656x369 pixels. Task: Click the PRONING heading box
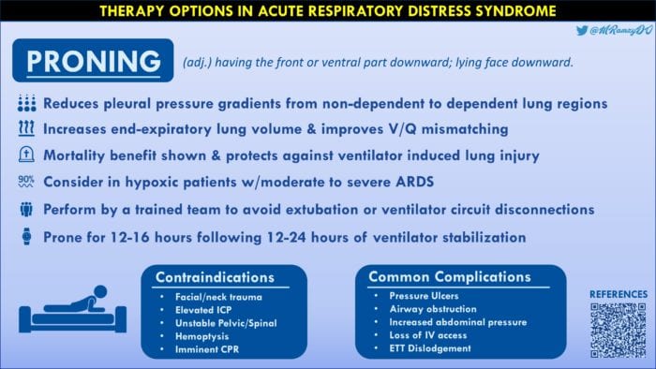tap(92, 61)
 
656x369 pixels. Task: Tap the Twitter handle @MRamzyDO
tap(614, 31)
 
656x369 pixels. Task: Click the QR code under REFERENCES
tap(618, 331)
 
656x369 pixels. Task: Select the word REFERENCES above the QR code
tap(618, 294)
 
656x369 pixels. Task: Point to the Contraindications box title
tap(216, 277)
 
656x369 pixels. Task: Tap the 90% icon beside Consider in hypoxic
tap(26, 181)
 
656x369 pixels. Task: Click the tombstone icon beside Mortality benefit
tap(26, 155)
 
